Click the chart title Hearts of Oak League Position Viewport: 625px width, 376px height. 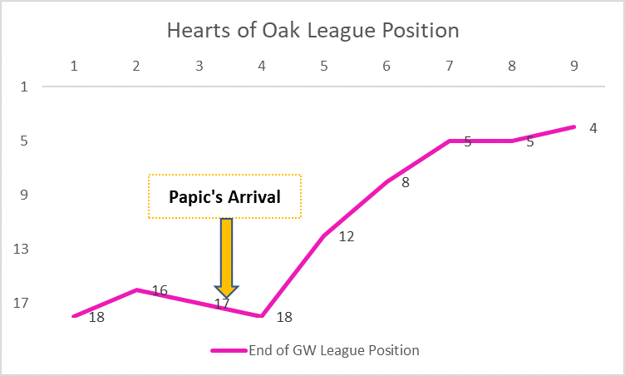point(312,30)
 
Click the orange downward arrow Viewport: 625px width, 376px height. point(226,257)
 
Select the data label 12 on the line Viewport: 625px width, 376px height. point(347,237)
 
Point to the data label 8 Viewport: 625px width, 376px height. point(405,182)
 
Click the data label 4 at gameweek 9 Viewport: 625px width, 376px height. point(593,128)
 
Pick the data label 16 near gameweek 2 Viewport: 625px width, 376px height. point(160,290)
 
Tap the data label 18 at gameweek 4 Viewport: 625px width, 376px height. point(284,317)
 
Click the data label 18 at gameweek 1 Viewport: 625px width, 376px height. point(96,317)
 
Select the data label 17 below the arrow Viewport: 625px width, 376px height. point(222,304)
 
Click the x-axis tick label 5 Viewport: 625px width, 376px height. point(323,66)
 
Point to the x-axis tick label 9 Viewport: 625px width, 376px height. point(574,66)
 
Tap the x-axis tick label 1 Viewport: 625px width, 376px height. point(74,66)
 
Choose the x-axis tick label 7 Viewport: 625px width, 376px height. point(449,66)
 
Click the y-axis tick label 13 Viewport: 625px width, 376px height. point(21,249)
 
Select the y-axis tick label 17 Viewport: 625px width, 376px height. point(21,304)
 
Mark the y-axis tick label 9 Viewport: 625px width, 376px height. point(24,195)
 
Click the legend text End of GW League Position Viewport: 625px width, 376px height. point(334,350)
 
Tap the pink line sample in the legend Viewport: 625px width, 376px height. point(229,351)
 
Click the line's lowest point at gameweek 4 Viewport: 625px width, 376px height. point(262,316)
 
